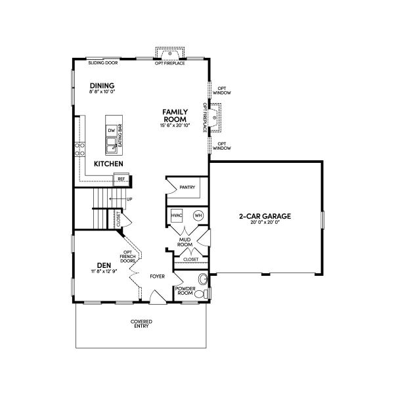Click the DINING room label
102,85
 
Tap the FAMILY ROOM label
176,116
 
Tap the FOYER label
157,276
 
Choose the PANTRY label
188,188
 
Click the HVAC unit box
177,215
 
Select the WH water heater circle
198,215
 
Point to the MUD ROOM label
185,243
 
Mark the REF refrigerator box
121,177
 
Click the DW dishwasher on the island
112,130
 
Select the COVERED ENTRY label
141,324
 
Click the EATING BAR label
120,135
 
